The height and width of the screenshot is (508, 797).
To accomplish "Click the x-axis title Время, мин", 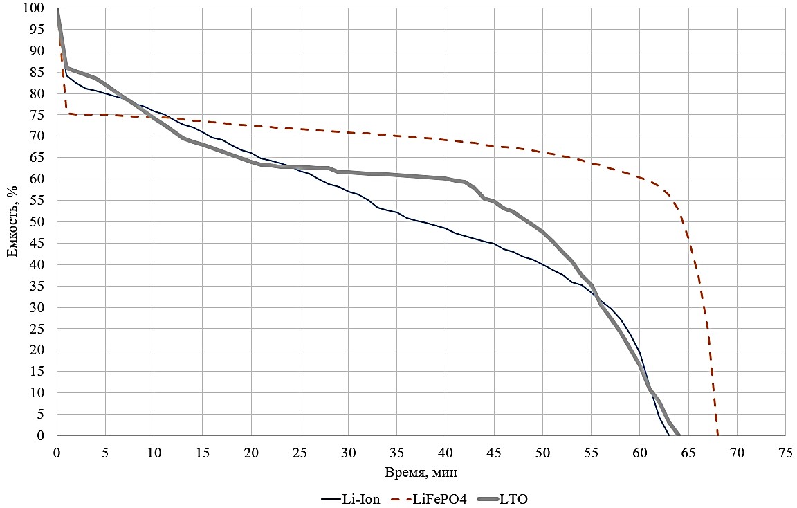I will coord(421,473).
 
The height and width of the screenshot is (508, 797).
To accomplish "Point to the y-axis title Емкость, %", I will coord(12,222).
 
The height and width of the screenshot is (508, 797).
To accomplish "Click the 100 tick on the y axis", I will coord(35,8).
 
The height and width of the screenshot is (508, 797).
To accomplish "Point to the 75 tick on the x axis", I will coord(785,451).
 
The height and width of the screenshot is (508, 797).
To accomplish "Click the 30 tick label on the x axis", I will coord(348,451).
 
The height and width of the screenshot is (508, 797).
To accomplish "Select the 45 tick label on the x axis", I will coord(494,451).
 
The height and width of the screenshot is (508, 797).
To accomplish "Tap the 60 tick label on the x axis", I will coord(639,451).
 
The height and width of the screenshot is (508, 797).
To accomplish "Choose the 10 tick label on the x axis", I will coord(154,451).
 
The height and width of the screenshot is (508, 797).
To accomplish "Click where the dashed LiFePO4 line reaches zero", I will coord(717,435).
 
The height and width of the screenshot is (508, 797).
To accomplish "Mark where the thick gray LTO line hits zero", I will coord(679,435).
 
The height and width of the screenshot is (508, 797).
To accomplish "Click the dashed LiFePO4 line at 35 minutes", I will coord(396,136).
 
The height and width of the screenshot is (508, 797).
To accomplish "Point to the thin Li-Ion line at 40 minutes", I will coord(446,228).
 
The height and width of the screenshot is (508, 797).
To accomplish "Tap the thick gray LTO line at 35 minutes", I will coord(396,174).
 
